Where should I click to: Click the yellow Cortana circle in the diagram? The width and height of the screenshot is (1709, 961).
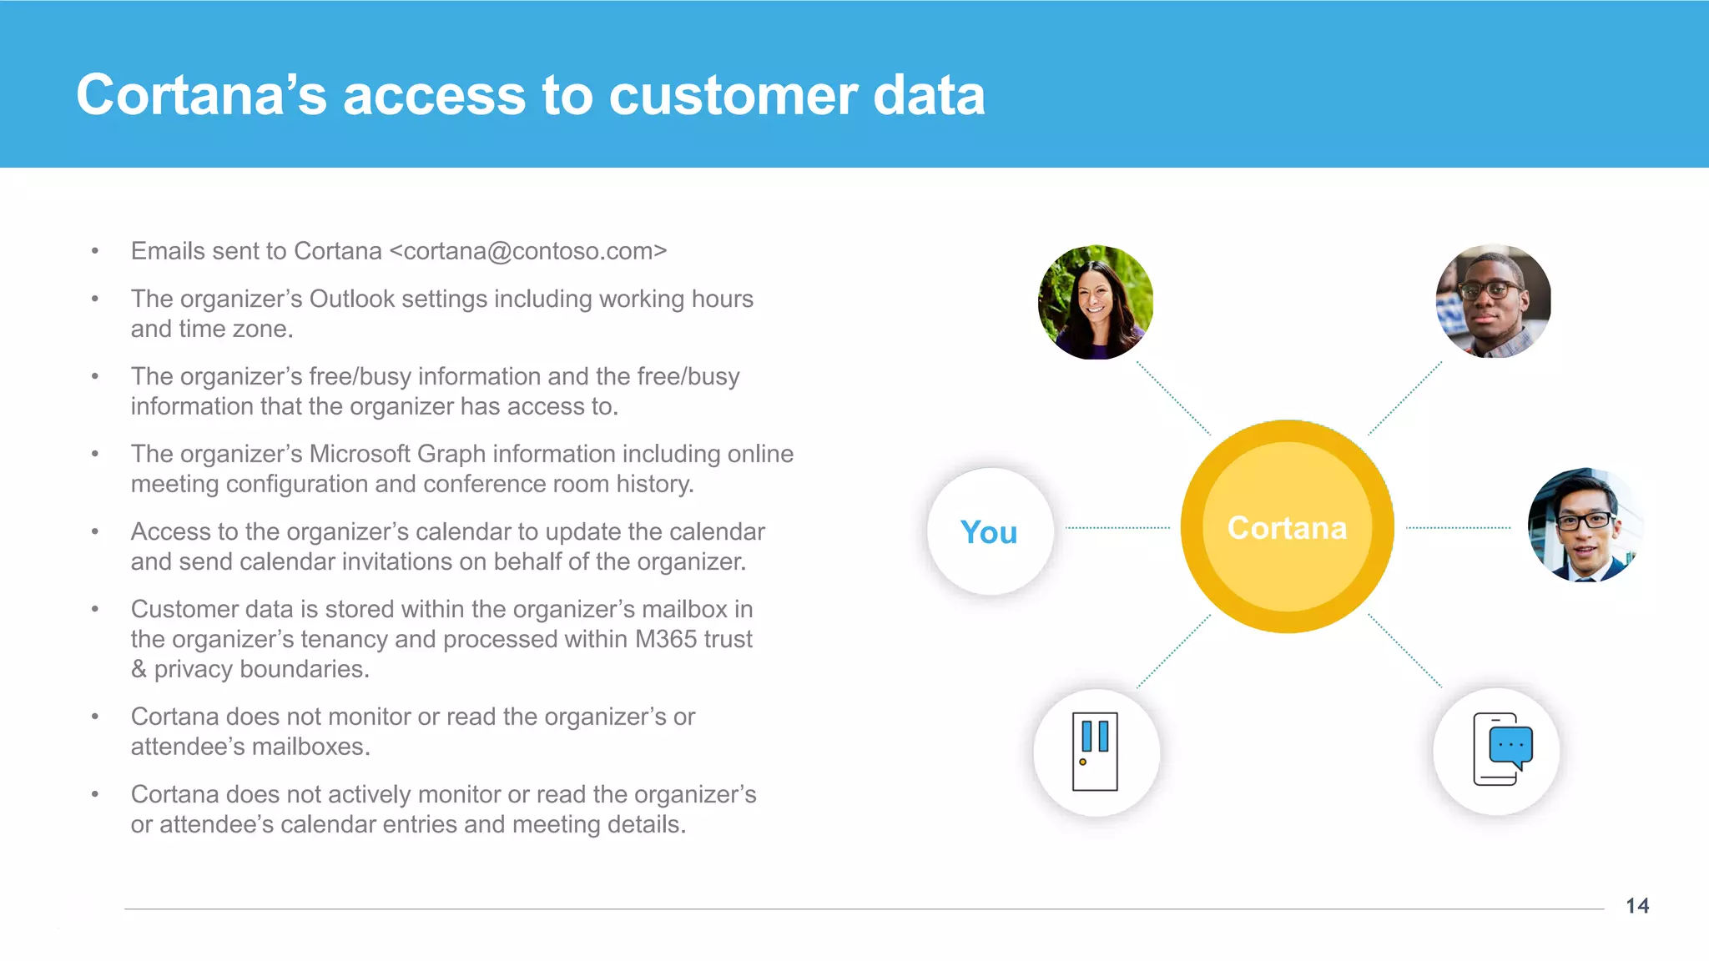[1287, 527]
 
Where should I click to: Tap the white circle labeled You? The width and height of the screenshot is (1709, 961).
[990, 531]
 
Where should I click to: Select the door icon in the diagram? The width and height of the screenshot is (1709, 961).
[1096, 752]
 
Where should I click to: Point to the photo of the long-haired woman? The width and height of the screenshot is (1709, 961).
[1096, 302]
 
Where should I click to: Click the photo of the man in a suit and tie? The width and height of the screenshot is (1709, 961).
[1584, 526]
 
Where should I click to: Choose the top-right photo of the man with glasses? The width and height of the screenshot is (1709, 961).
[1493, 301]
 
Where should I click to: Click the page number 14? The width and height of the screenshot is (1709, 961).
[1637, 906]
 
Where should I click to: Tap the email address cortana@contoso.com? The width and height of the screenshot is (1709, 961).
[528, 251]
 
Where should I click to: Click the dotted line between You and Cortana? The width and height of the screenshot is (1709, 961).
[1117, 528]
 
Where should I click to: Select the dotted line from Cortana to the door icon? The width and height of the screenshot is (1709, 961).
[1173, 652]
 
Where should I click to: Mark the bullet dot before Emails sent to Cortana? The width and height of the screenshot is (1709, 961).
[95, 251]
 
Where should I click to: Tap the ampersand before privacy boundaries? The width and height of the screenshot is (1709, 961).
[139, 669]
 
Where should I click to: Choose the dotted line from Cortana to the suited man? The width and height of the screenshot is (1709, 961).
[1458, 528]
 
